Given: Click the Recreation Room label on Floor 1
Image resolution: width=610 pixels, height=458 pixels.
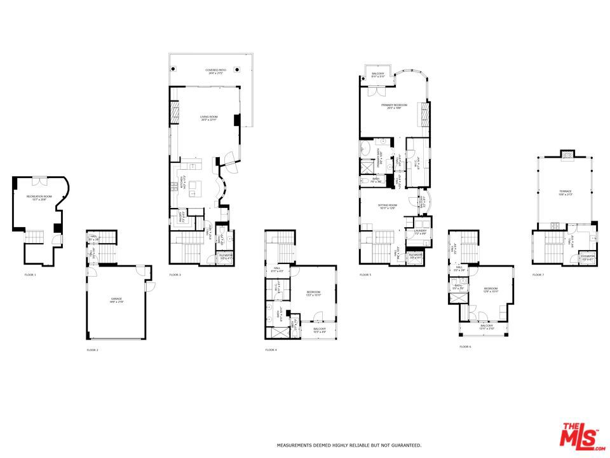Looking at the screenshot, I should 39,197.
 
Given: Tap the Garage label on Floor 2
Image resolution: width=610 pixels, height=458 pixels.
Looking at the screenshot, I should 116,300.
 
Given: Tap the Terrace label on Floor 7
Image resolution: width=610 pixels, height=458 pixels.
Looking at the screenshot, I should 566,192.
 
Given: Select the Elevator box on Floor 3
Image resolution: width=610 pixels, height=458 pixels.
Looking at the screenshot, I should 226,257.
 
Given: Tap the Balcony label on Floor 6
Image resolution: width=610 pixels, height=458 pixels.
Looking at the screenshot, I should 487,326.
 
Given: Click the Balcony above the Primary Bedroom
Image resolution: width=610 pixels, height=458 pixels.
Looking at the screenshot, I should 377,74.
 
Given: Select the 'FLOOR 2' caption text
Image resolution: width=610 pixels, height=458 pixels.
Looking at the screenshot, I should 93,350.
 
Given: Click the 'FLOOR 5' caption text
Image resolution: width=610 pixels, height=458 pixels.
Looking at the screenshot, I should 365,275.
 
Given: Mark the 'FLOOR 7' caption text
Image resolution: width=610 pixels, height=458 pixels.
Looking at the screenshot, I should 538,275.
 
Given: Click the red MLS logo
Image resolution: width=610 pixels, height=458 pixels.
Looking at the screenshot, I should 579,436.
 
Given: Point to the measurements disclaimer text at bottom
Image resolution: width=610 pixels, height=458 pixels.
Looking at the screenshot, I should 348,445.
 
